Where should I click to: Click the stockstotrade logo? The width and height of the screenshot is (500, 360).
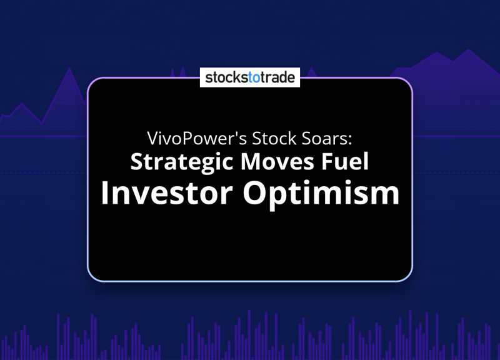250,77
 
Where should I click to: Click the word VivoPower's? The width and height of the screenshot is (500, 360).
197,138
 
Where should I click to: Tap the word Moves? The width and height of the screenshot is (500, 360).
277,162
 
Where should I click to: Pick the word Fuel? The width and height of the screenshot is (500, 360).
345,161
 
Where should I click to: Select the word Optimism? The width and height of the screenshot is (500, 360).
321,195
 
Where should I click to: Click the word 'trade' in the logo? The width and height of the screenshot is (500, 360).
278,77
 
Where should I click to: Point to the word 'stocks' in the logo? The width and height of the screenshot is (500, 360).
227,77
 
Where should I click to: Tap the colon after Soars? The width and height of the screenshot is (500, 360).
350,140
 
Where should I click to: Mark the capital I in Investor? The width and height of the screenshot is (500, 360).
104,193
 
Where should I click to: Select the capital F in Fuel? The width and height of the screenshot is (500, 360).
327,162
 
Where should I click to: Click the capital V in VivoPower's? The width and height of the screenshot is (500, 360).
153,138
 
